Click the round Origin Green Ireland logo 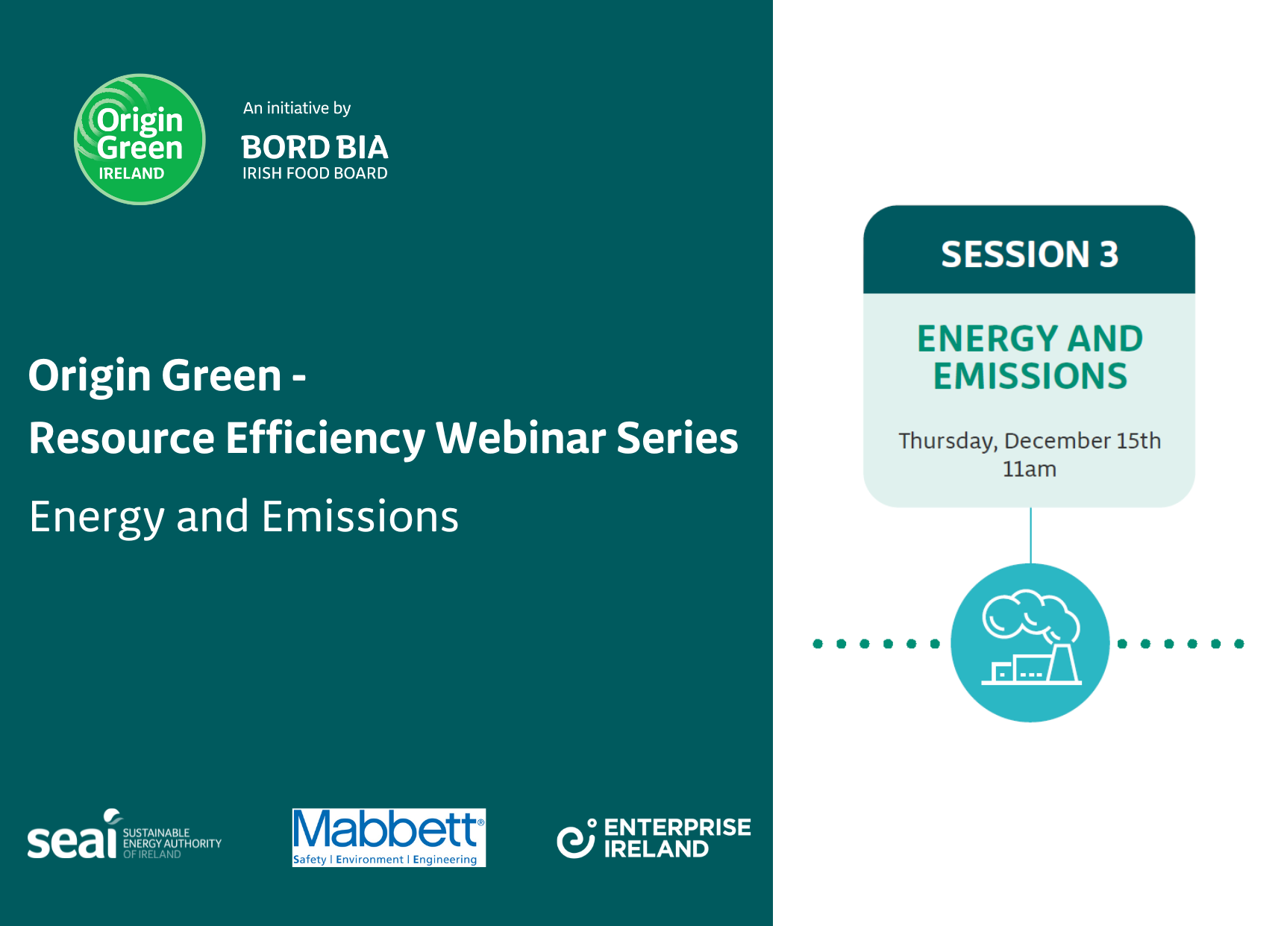pos(140,139)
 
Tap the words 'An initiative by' pos(297,108)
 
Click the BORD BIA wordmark pos(315,148)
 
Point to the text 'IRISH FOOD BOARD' pos(315,173)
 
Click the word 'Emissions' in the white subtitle pos(360,516)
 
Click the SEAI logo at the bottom pos(125,835)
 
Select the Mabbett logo pos(389,837)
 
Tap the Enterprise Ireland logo pos(654,838)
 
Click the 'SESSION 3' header pos(1030,254)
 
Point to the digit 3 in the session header pos(1109,254)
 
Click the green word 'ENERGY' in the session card pos(984,339)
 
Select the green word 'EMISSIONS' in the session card pos(1030,376)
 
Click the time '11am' pos(1030,469)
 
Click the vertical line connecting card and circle pos(1030,536)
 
